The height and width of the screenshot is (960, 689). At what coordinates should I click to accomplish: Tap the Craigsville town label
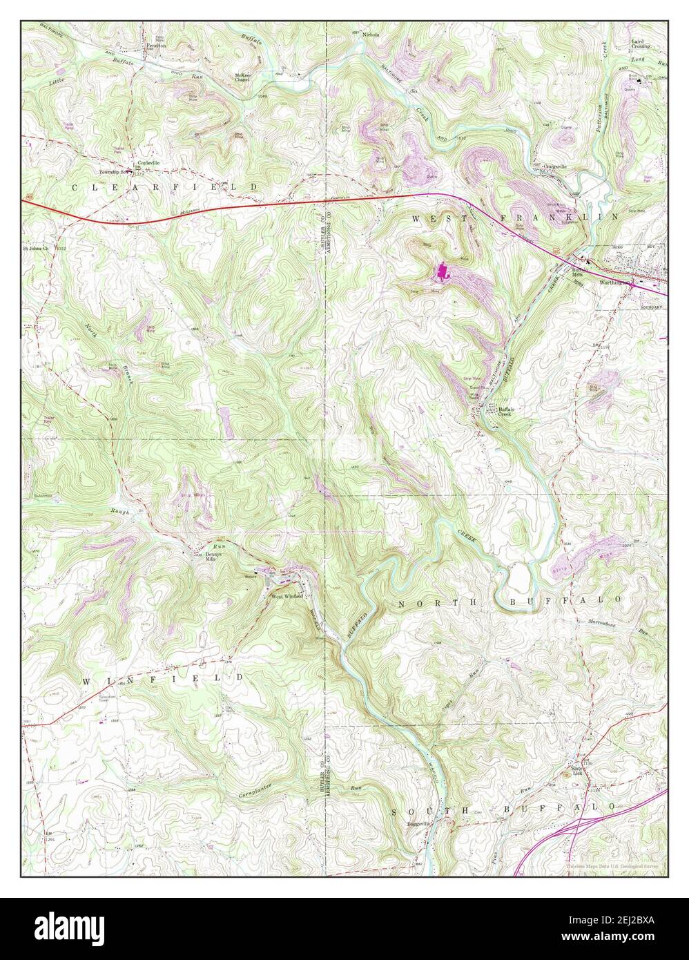pyautogui.click(x=554, y=166)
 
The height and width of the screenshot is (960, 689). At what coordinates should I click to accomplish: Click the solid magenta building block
pyautogui.click(x=442, y=273)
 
